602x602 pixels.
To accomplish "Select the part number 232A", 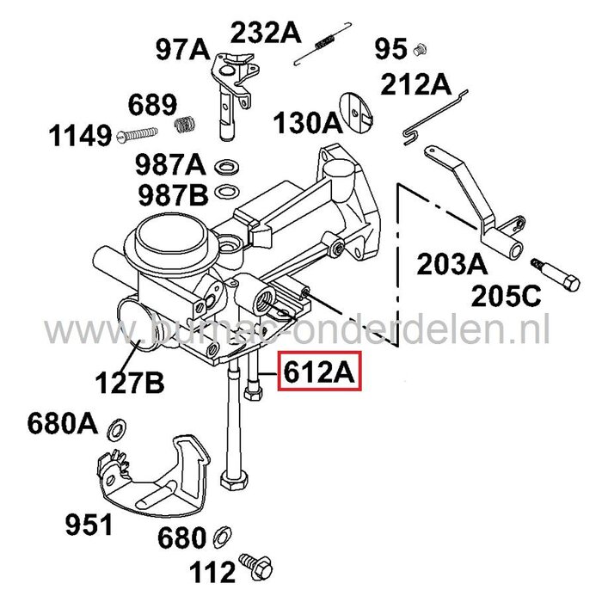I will pyautogui.click(x=264, y=33).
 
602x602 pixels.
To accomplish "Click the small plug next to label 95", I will pyautogui.click(x=421, y=49).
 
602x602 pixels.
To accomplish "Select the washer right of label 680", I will pyautogui.click(x=222, y=536).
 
